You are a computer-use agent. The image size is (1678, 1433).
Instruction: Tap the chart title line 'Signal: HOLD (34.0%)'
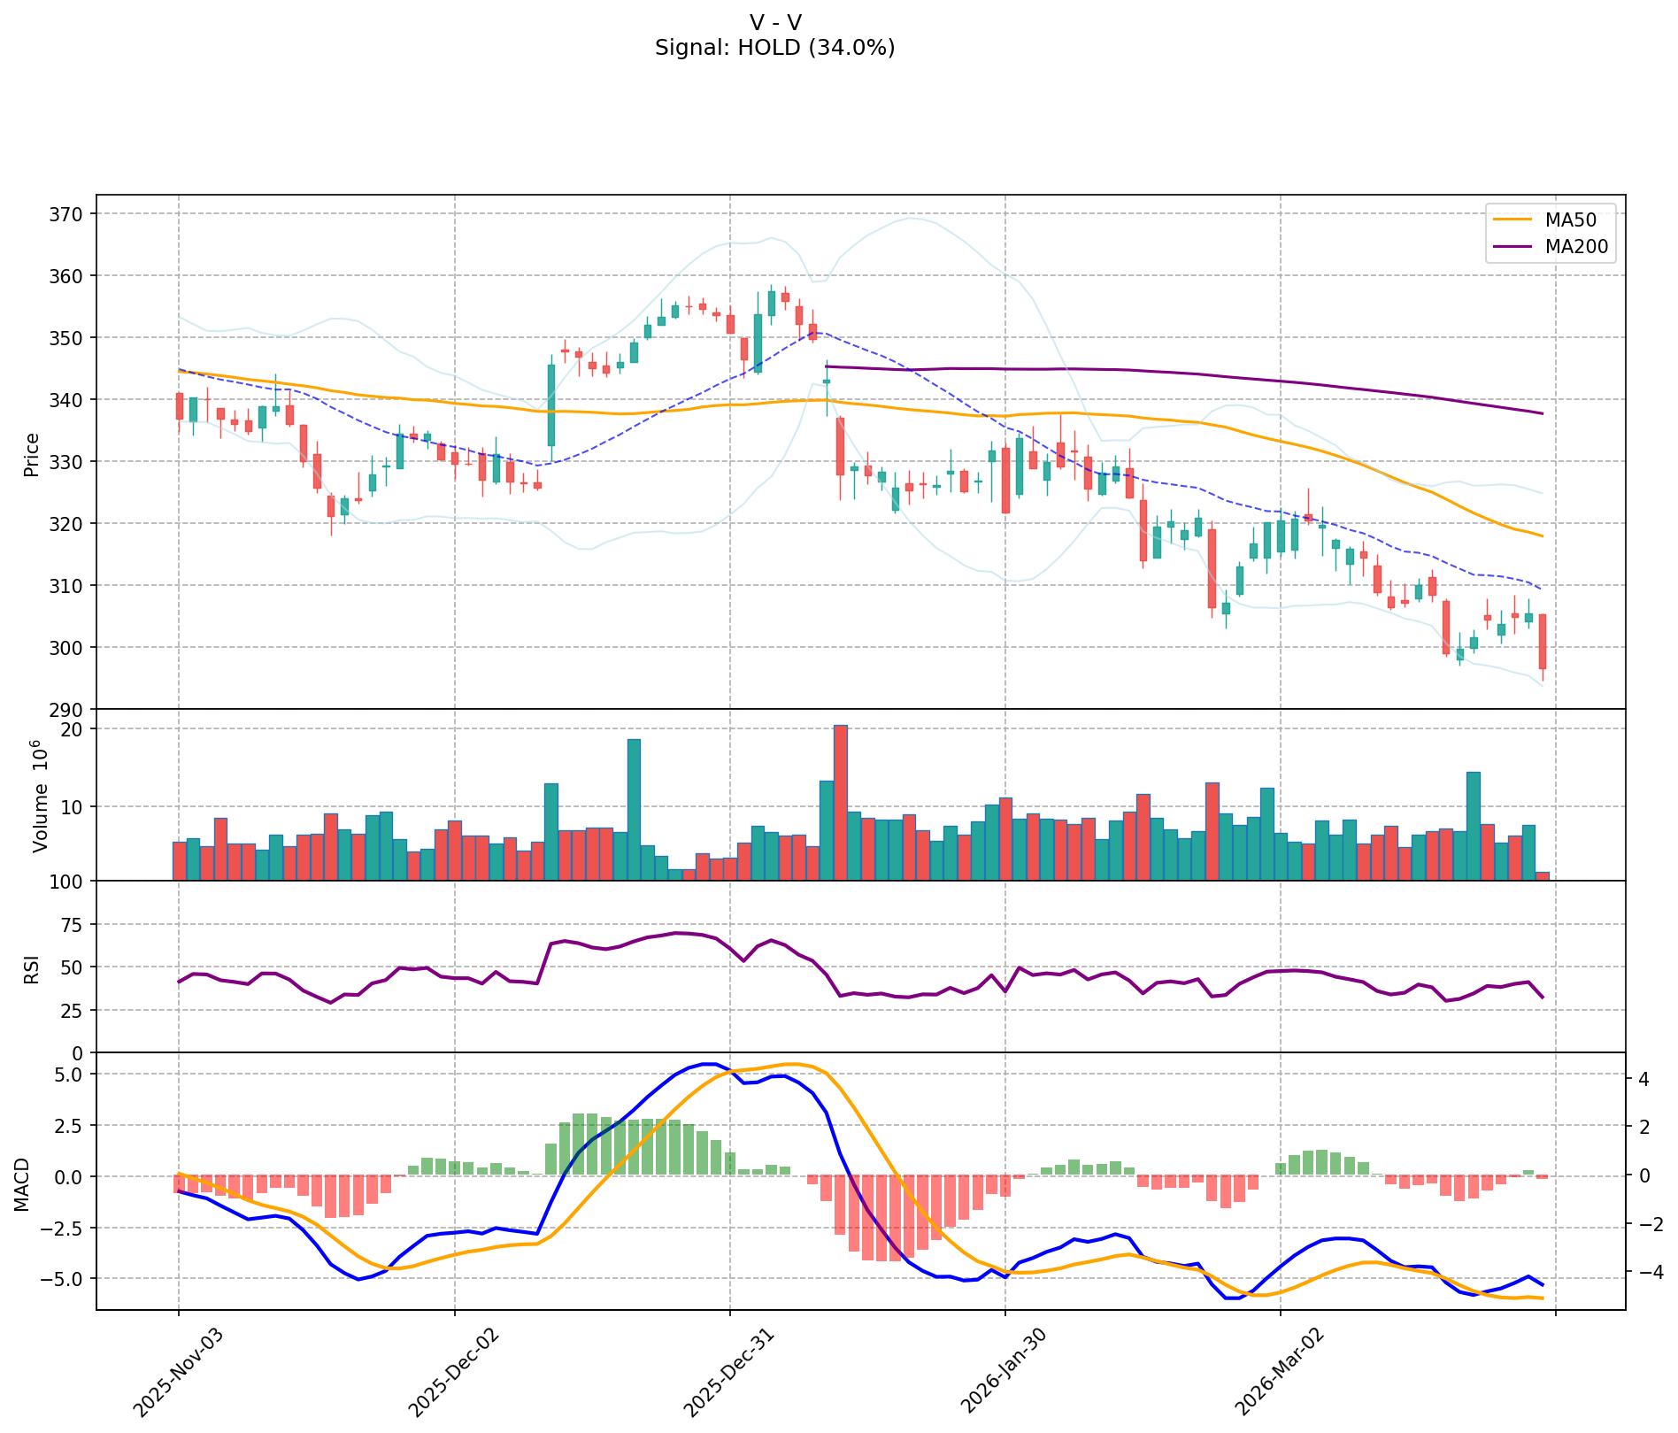tap(774, 48)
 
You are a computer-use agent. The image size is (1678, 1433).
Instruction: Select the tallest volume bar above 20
tap(841, 802)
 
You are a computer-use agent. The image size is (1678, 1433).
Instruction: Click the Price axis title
tap(32, 455)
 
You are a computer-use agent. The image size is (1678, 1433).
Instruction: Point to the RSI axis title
tap(32, 967)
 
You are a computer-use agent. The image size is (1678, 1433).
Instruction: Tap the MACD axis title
tap(22, 1183)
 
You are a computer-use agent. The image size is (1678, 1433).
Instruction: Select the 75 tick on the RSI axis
tap(71, 925)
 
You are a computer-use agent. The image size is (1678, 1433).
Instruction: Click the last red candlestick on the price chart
tap(1543, 642)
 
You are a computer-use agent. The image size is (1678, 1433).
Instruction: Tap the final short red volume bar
tap(1543, 876)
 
